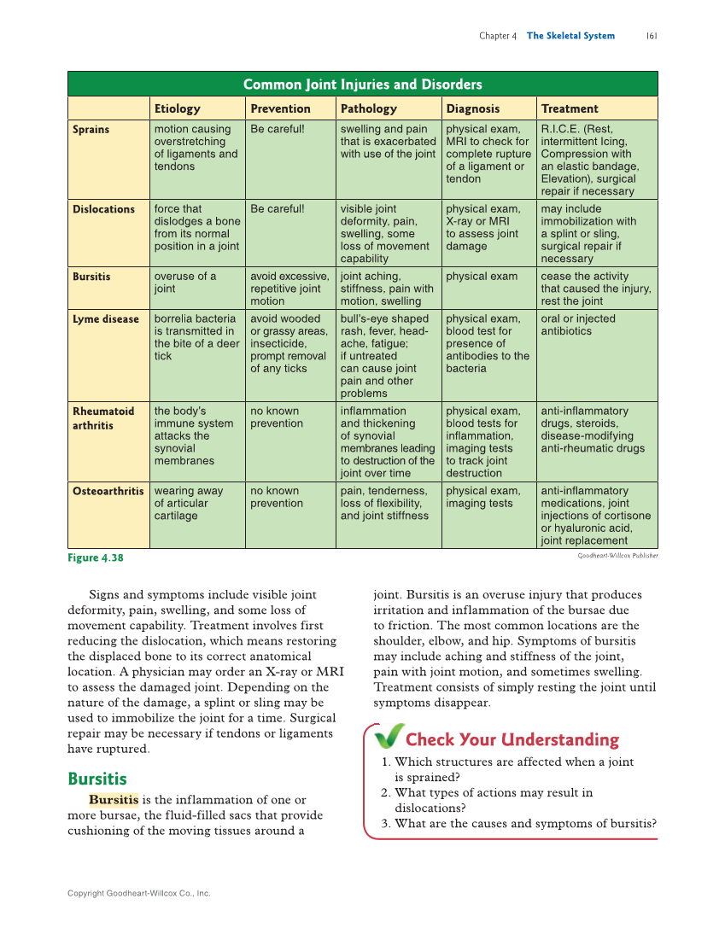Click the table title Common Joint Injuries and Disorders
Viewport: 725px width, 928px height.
(x=362, y=84)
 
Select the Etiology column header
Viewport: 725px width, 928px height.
(x=177, y=108)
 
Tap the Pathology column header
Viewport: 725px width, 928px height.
(x=368, y=108)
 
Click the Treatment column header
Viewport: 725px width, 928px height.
(x=570, y=108)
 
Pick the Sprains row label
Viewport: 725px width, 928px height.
(x=91, y=130)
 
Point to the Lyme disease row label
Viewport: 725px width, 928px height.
(x=105, y=319)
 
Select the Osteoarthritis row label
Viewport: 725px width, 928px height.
(x=108, y=491)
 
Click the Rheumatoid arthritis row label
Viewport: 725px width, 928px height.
(x=102, y=418)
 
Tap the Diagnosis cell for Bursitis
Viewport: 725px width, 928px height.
(x=482, y=277)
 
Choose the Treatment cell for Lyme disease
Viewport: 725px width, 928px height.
(x=578, y=325)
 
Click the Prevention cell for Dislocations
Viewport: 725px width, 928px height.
(x=277, y=209)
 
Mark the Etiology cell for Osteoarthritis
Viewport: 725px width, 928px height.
(x=188, y=503)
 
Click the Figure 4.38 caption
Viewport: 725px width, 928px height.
(x=96, y=557)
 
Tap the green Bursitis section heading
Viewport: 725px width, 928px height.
(x=96, y=779)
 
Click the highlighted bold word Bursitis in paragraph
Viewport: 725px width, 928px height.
(x=114, y=800)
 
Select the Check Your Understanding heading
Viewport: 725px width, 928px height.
(x=512, y=739)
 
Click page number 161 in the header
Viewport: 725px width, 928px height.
(x=651, y=36)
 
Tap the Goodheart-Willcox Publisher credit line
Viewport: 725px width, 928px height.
(x=617, y=555)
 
